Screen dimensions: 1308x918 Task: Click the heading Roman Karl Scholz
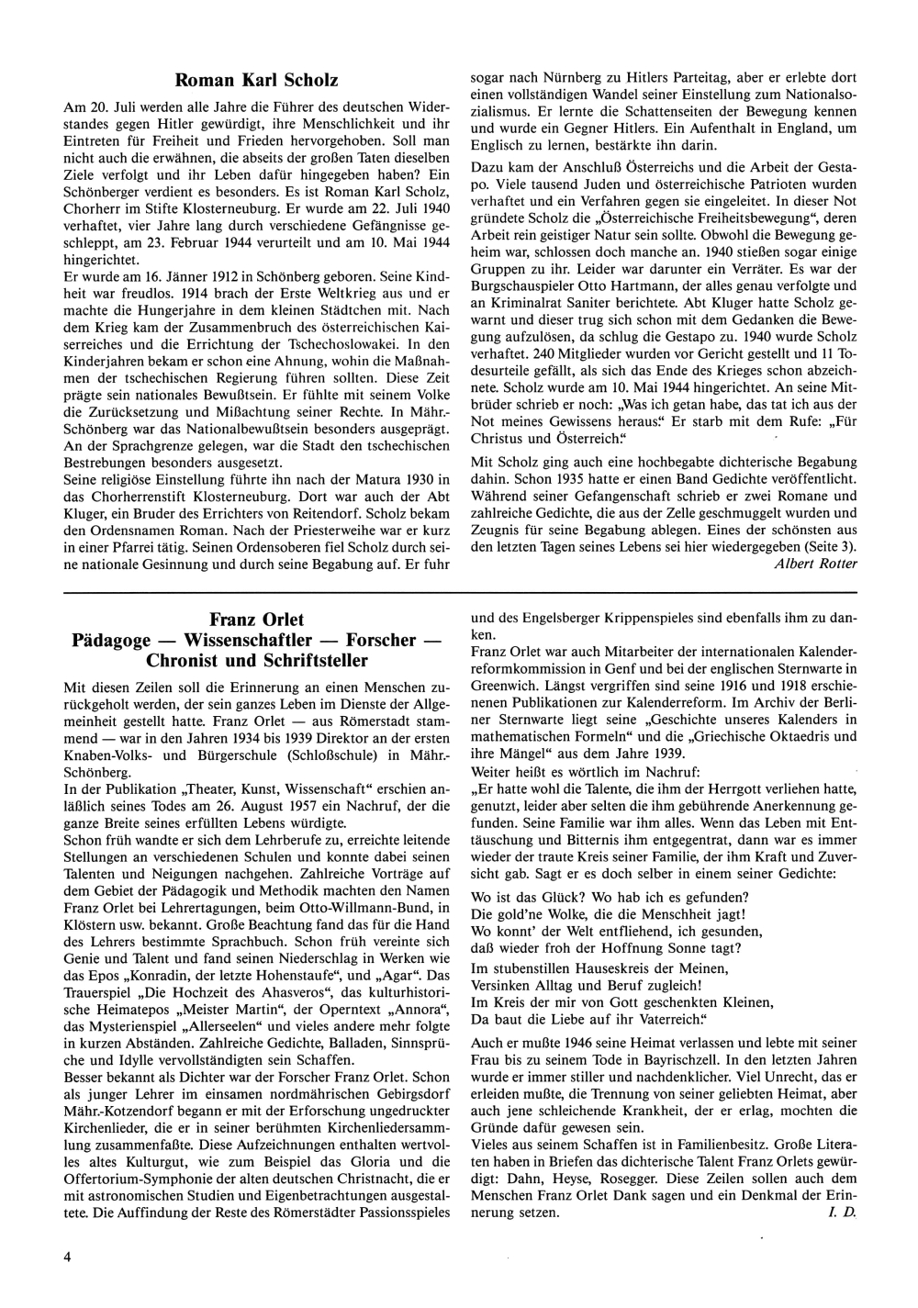257,82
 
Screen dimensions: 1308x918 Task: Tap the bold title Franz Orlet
257,620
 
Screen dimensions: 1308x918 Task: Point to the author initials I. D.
843,1213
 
